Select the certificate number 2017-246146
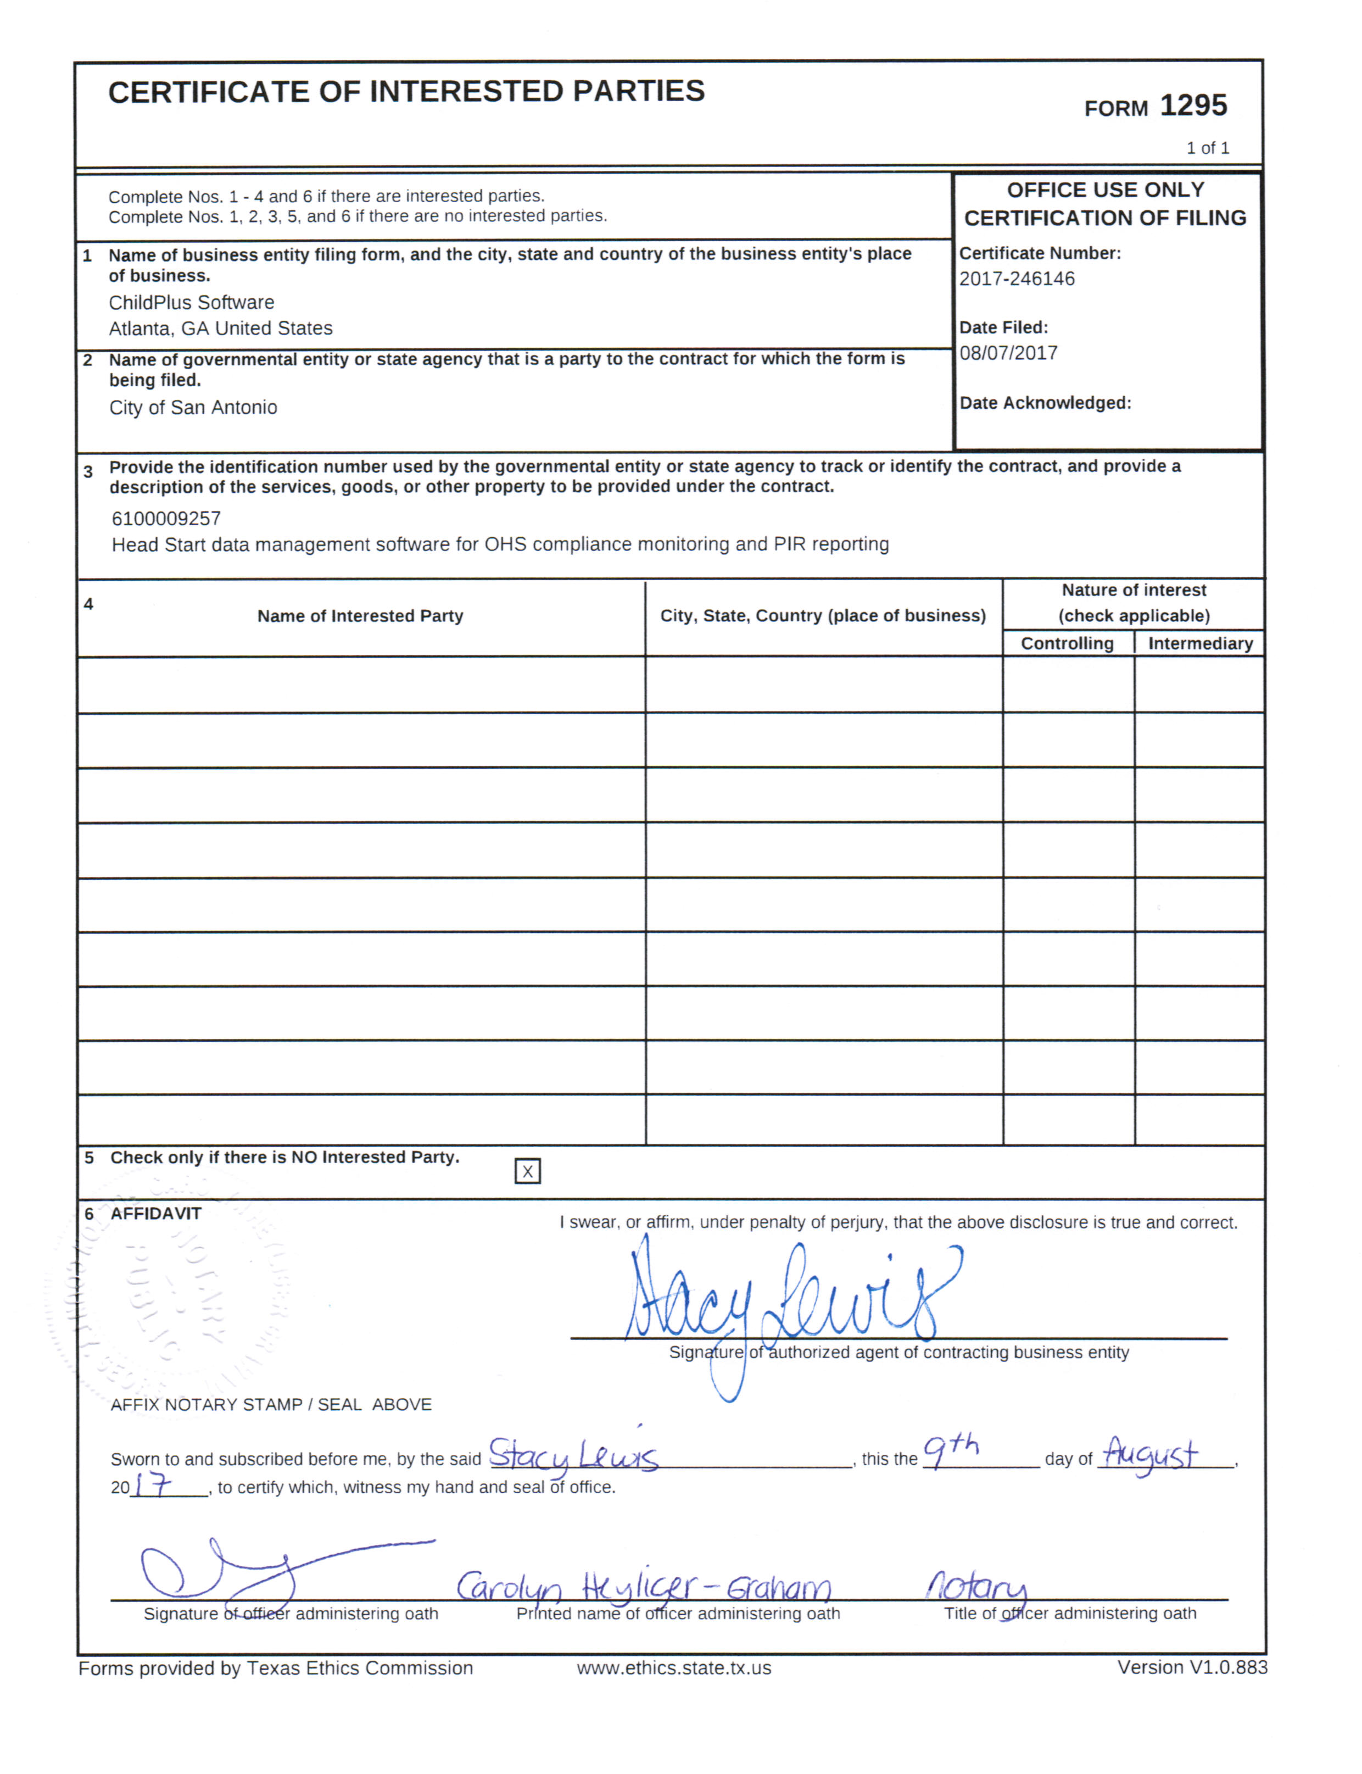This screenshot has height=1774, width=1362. point(1017,279)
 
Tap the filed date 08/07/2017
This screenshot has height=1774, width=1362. point(1008,353)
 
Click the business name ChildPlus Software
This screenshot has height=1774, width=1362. point(191,302)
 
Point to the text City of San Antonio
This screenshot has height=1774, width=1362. point(193,407)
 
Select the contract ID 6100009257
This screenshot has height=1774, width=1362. point(166,518)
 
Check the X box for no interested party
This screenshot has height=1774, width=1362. point(527,1171)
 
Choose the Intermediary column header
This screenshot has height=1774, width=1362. point(1200,643)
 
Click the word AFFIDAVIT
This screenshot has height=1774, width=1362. point(155,1213)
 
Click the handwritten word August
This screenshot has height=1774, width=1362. point(1151,1453)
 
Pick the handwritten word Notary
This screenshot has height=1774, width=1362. point(977,1585)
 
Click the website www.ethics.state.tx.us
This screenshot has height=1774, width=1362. point(674,1668)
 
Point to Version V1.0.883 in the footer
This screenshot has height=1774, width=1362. point(1192,1667)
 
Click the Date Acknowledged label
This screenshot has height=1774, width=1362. point(1045,403)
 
